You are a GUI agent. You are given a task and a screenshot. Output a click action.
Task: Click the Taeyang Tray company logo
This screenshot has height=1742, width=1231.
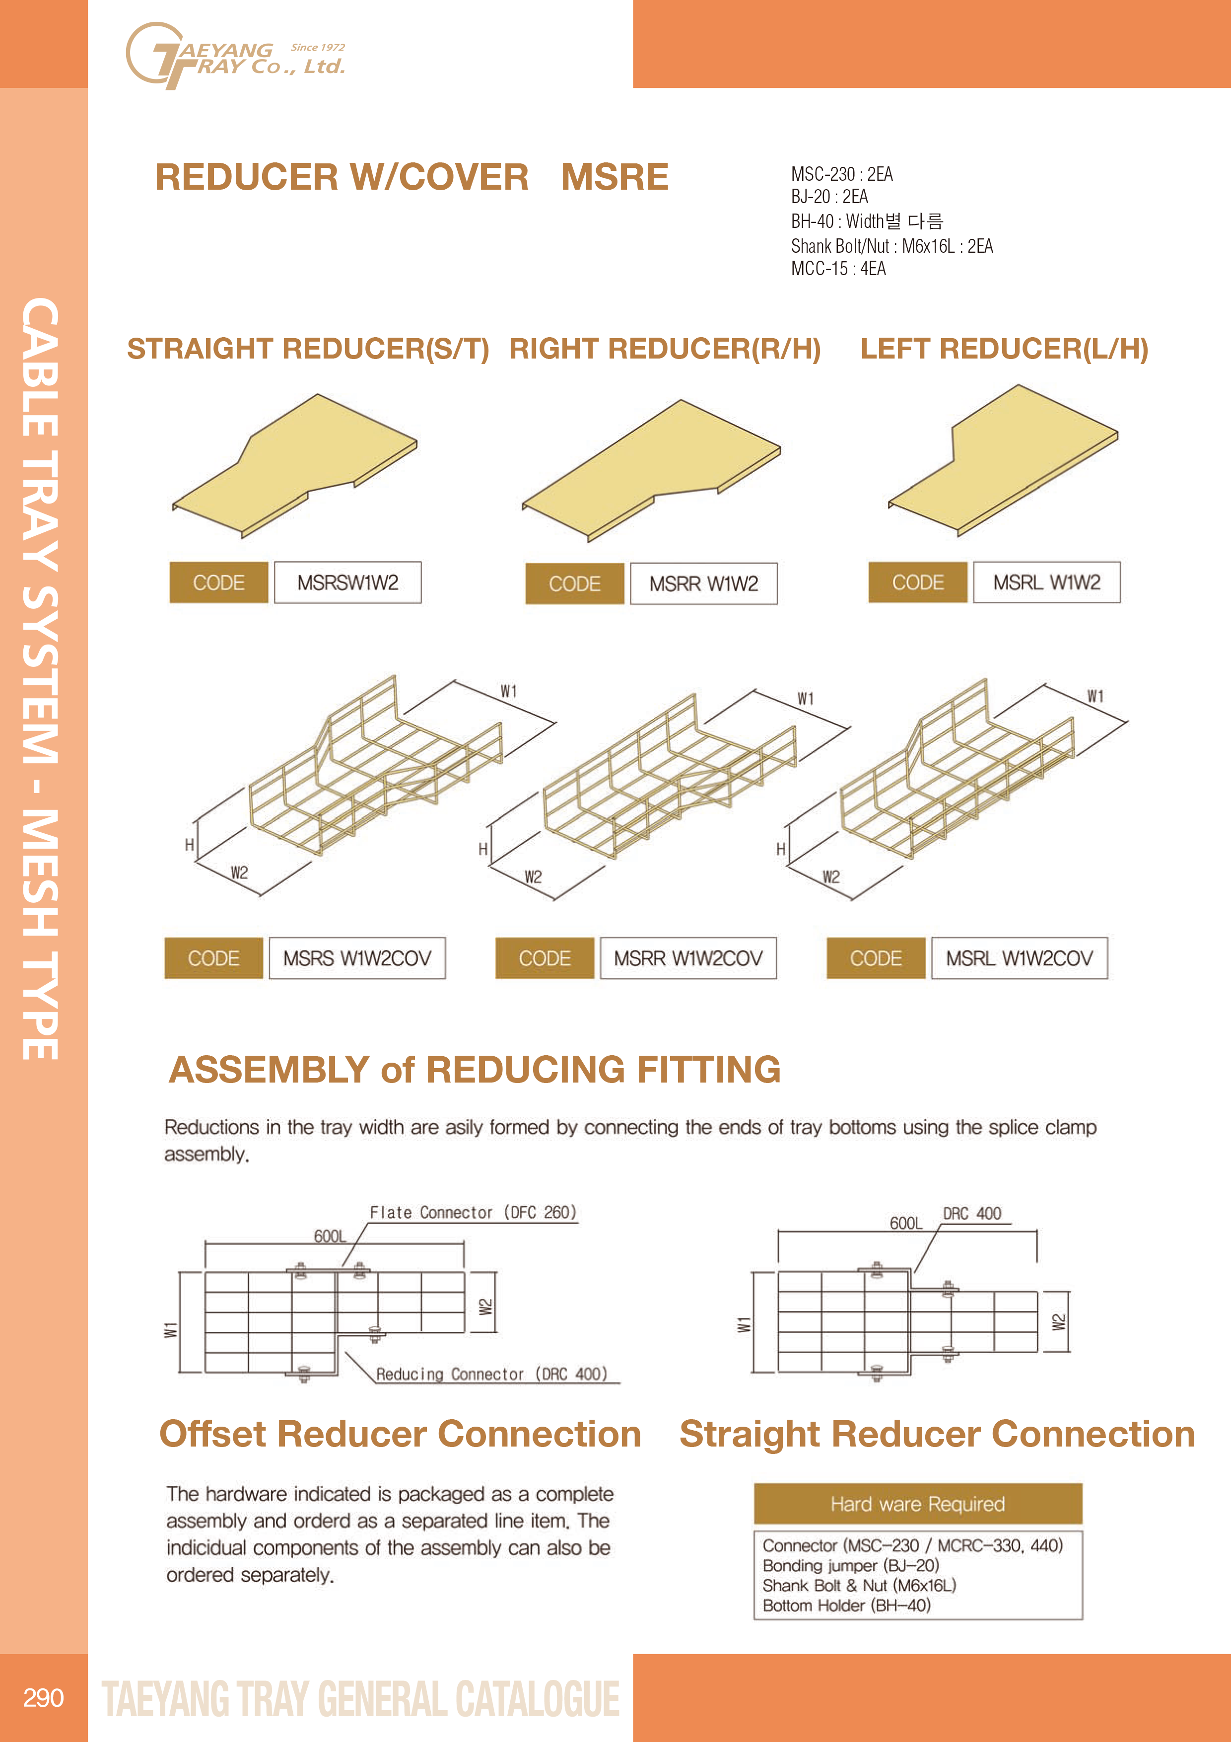pyautogui.click(x=235, y=56)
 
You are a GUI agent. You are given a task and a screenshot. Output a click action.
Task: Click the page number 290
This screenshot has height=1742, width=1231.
pyautogui.click(x=43, y=1697)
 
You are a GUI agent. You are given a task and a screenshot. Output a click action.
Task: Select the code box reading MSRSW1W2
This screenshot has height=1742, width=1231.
pyautogui.click(x=347, y=582)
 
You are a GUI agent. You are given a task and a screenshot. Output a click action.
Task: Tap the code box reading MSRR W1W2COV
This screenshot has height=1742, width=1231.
pyautogui.click(x=688, y=958)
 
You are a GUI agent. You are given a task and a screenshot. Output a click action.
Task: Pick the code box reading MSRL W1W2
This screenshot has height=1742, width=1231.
pyautogui.click(x=1047, y=582)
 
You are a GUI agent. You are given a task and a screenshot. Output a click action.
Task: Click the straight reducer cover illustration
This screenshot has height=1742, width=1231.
pyautogui.click(x=294, y=465)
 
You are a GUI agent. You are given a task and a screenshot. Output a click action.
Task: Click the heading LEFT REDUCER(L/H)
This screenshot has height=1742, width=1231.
pyautogui.click(x=1004, y=349)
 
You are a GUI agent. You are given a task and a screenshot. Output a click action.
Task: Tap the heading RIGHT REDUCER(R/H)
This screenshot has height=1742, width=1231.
pyautogui.click(x=665, y=349)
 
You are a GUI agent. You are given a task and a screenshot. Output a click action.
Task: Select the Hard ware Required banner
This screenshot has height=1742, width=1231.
pyautogui.click(x=918, y=1504)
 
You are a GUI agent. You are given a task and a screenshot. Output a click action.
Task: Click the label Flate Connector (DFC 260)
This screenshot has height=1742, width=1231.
pyautogui.click(x=473, y=1213)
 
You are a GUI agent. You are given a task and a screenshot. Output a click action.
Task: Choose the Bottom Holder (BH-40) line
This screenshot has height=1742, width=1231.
pyautogui.click(x=846, y=1605)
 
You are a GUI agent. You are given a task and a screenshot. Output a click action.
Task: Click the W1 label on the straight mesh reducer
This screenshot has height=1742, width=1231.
pyautogui.click(x=508, y=691)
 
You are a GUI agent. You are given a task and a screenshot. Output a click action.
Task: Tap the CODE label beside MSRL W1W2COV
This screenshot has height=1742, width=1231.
pyautogui.click(x=876, y=958)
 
